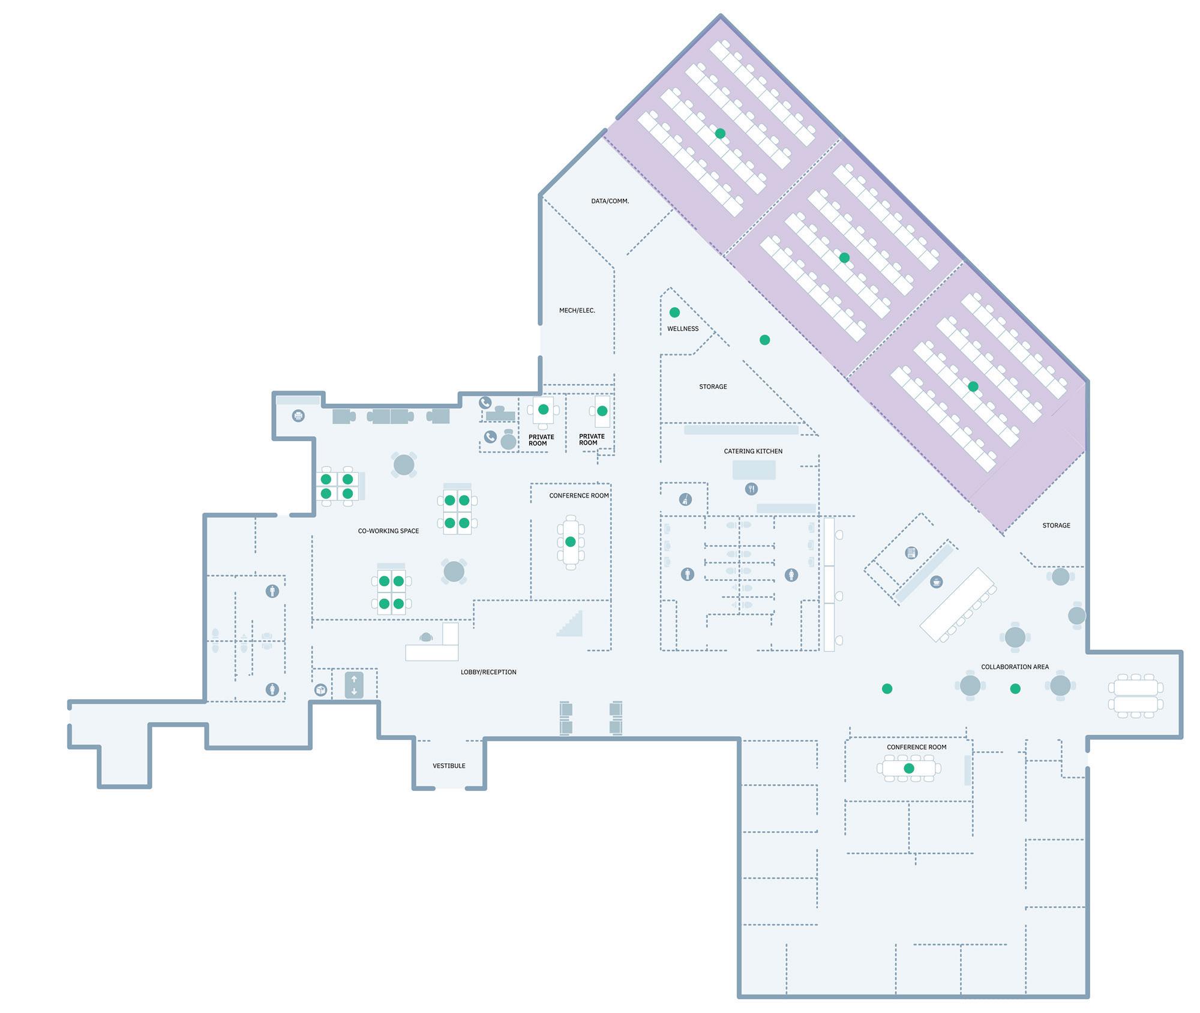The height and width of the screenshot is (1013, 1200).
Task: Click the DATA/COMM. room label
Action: (610, 201)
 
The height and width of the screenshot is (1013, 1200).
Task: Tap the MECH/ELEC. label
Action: (577, 310)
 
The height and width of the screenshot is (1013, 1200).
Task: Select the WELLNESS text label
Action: (683, 329)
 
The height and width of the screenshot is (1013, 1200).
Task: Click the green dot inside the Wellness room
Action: (674, 312)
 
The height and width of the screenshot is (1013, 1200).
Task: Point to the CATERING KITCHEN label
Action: (753, 451)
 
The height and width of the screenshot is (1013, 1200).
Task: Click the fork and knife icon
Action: (751, 489)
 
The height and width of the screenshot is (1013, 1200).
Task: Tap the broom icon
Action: (685, 499)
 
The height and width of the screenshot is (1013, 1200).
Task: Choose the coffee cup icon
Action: (936, 582)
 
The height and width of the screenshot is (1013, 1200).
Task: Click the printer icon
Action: (298, 415)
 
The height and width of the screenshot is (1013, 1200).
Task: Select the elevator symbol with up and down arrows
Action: (354, 685)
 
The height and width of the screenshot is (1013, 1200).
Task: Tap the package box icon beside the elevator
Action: (321, 690)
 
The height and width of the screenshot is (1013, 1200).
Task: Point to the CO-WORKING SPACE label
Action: (388, 531)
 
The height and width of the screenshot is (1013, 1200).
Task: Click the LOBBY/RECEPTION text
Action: (488, 672)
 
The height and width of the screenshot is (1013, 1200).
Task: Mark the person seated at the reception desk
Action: (426, 637)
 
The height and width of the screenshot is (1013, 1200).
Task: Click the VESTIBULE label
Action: (449, 766)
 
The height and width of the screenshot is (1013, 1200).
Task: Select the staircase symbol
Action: (570, 623)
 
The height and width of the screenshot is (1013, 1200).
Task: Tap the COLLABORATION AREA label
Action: (1015, 667)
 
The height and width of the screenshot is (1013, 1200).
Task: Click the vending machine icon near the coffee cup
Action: (911, 553)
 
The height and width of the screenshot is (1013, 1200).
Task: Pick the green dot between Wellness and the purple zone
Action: (764, 340)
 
